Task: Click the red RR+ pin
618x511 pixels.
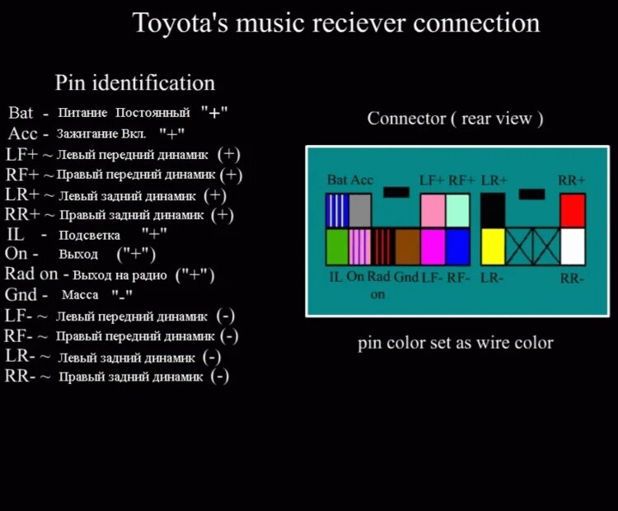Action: click(573, 210)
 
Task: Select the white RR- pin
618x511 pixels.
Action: click(573, 246)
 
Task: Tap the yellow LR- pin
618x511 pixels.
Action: click(493, 246)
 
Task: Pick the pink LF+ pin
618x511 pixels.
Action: click(433, 210)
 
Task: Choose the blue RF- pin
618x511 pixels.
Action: click(457, 246)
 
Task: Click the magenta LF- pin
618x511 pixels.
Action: click(433, 246)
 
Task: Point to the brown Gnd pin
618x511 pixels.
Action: click(407, 246)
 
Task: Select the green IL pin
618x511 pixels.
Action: click(336, 246)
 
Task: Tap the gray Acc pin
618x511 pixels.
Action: click(360, 210)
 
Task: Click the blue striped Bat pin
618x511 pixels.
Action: click(336, 210)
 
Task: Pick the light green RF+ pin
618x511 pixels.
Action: click(457, 210)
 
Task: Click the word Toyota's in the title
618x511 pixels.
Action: click(180, 23)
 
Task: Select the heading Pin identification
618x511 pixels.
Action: click(135, 83)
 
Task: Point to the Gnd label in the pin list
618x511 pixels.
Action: click(21, 294)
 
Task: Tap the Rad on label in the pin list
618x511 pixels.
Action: click(31, 274)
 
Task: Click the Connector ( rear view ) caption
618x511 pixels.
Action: click(455, 119)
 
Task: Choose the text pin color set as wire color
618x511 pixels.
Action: click(455, 343)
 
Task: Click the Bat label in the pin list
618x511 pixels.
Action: click(21, 113)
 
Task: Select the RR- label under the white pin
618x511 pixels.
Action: click(572, 279)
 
